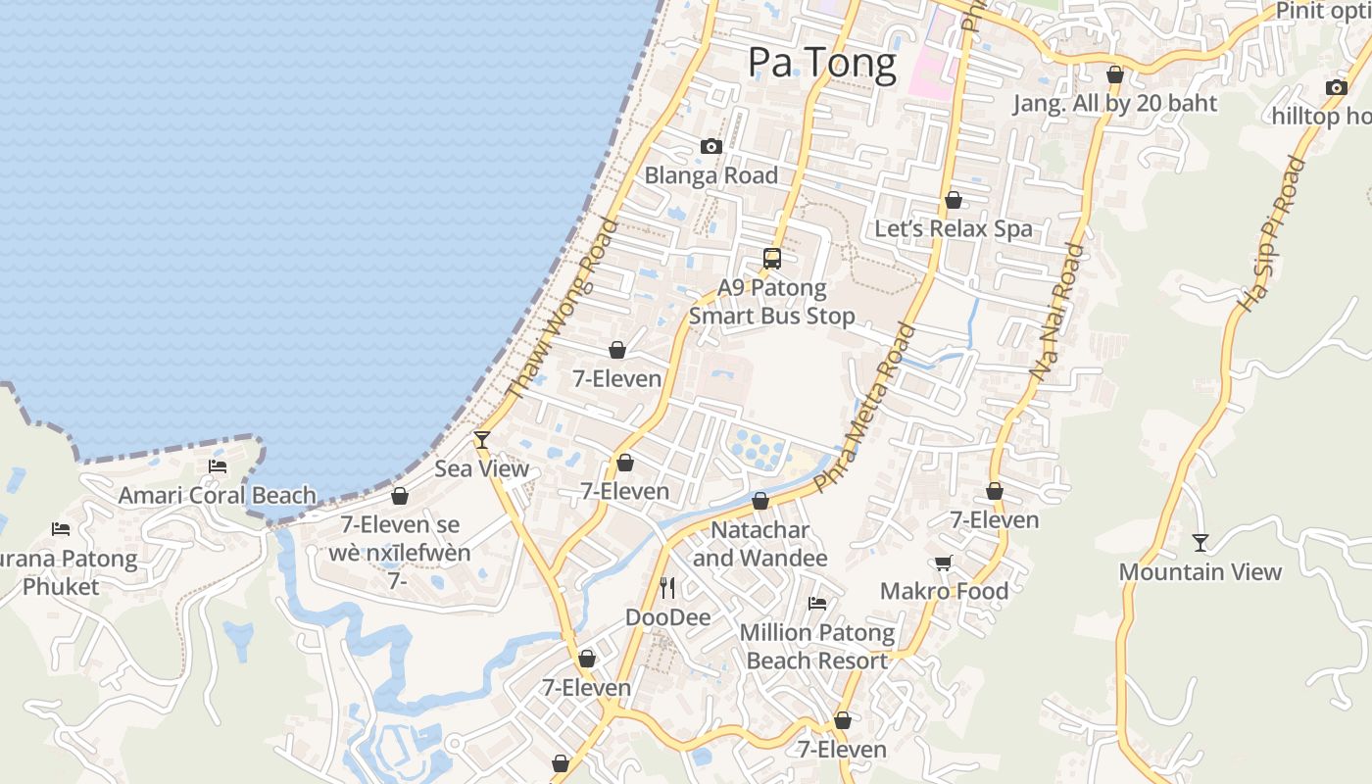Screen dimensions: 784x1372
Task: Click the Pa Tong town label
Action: [821, 64]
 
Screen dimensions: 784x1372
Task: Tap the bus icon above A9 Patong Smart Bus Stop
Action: [772, 259]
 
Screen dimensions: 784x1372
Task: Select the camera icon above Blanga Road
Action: [711, 147]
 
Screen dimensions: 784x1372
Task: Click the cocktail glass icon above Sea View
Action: [481, 439]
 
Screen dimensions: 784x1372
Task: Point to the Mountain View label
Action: [1200, 572]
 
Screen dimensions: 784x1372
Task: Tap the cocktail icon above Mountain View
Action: [1200, 542]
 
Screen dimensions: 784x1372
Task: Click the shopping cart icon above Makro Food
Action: [943, 563]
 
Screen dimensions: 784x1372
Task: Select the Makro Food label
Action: [944, 591]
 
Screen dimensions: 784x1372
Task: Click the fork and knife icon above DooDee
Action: [667, 588]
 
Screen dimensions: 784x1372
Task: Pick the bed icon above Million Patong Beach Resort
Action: [817, 603]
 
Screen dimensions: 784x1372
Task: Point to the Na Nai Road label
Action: [1057, 313]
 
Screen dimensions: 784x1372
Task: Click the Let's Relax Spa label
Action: [953, 229]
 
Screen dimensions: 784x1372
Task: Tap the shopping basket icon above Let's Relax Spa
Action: [953, 200]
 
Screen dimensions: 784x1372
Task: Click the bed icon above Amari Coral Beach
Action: [218, 465]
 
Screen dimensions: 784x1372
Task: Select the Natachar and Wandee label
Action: [759, 544]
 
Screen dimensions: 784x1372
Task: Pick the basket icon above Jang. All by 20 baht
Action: [1114, 74]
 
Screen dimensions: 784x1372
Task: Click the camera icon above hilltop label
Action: [1336, 87]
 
